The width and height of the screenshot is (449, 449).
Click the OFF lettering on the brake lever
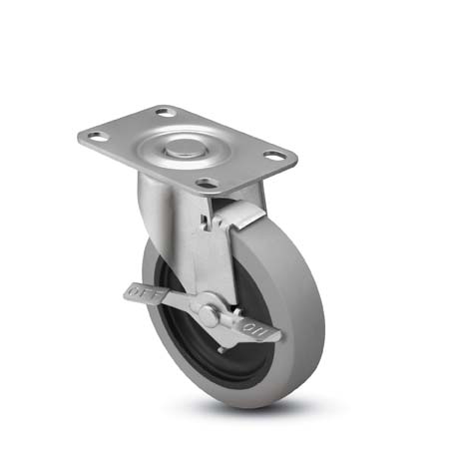pos(141,293)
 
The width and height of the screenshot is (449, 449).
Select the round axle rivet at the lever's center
pos(209,315)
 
